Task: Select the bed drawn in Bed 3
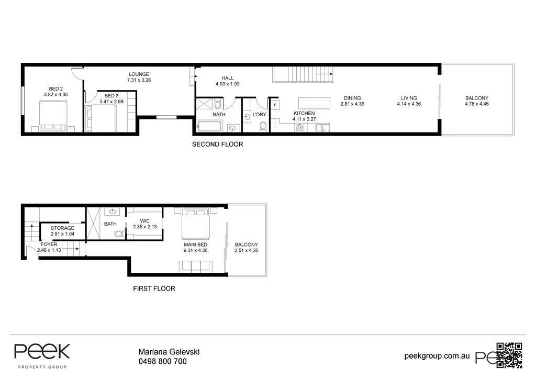click(104, 118)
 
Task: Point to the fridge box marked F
click(274, 105)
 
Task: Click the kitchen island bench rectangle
click(315, 102)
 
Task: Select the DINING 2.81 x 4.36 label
click(352, 101)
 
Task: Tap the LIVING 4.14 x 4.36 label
click(409, 101)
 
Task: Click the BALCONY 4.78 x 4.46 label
click(476, 101)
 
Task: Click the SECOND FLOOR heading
click(217, 144)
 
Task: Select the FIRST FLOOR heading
click(154, 288)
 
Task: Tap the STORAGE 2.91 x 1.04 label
click(62, 231)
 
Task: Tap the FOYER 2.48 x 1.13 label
click(49, 247)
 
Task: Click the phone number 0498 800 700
click(162, 361)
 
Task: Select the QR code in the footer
click(509, 354)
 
